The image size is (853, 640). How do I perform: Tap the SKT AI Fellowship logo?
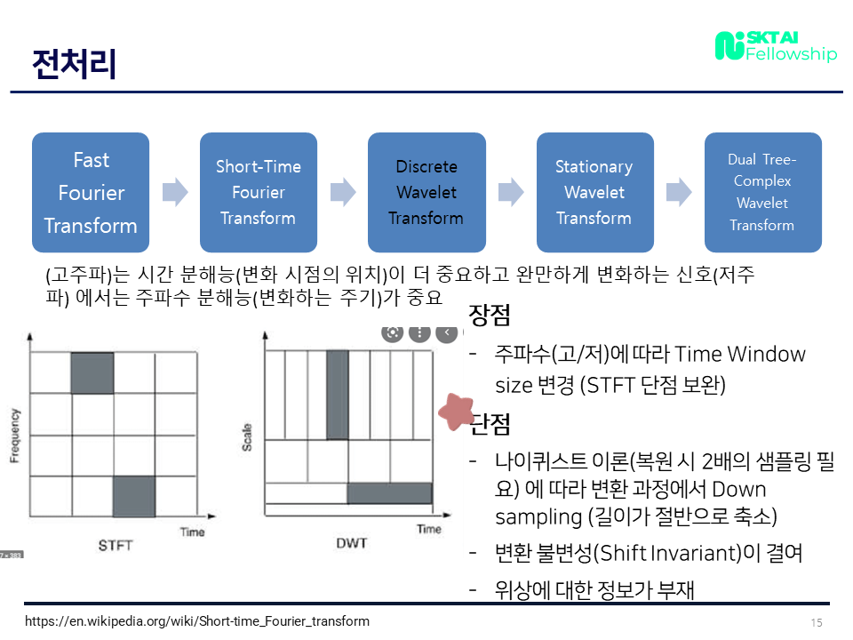pos(776,46)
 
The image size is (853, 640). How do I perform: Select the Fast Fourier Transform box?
pos(91,192)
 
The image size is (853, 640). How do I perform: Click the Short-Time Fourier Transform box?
pos(259,192)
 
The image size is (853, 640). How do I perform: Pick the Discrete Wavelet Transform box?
pos(426,192)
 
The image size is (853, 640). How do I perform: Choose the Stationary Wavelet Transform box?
pos(594,192)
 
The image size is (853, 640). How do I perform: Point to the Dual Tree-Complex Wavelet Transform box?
pos(762,192)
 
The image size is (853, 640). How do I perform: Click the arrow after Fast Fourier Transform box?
pos(175,192)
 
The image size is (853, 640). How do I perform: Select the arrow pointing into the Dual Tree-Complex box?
pos(679,192)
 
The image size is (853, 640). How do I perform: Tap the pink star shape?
pos(458,410)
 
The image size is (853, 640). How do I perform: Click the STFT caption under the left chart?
pos(115,545)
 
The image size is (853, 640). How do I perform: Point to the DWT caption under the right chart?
pos(352,542)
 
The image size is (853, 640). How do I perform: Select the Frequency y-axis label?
pos(14,435)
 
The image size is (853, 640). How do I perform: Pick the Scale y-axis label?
pos(247,436)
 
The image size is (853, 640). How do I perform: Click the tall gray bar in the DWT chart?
pos(337,395)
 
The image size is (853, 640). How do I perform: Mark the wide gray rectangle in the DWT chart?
pos(389,493)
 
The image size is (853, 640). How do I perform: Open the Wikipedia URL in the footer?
pos(196,621)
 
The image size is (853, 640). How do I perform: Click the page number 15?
pos(817,622)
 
